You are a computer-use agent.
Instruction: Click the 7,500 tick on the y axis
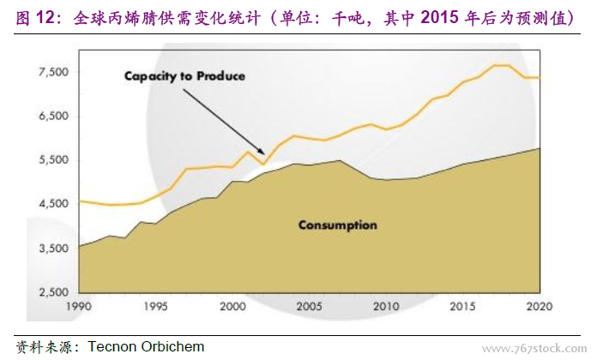click(x=55, y=72)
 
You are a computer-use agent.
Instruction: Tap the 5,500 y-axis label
click(x=55, y=160)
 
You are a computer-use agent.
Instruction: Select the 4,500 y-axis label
click(x=55, y=204)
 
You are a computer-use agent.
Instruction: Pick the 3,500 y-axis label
click(x=55, y=249)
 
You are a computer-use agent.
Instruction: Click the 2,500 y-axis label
click(x=55, y=293)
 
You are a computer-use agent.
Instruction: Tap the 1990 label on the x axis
click(x=78, y=306)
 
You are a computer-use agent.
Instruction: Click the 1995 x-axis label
click(x=154, y=306)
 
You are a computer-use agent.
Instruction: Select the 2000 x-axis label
click(x=232, y=306)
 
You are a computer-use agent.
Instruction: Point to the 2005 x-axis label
click(x=309, y=306)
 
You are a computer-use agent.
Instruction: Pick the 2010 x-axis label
click(x=386, y=306)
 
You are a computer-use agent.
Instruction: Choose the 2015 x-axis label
click(x=463, y=306)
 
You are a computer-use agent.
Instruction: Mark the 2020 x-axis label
click(x=540, y=306)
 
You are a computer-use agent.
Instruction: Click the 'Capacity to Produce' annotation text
click(x=184, y=76)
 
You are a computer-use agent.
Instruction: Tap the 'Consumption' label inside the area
click(x=337, y=225)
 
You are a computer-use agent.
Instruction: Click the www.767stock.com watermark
click(x=536, y=348)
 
